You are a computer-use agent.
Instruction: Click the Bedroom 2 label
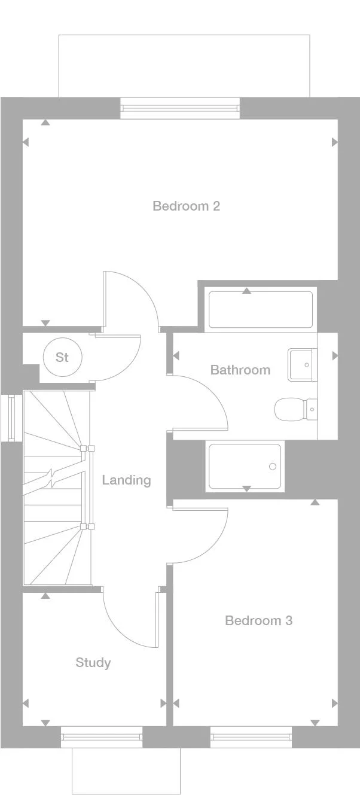[x=186, y=206]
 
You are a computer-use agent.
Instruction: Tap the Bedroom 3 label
[x=258, y=621]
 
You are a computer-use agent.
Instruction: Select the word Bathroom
[x=240, y=370]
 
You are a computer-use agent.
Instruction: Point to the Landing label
[x=126, y=480]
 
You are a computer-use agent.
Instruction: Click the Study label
[x=93, y=663]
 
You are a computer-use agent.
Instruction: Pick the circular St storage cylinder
[x=62, y=358]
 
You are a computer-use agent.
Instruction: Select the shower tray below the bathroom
[x=245, y=466]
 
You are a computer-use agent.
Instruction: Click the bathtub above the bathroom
[x=260, y=309]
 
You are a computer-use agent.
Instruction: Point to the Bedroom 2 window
[x=180, y=108]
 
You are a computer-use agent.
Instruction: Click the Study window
[x=102, y=737]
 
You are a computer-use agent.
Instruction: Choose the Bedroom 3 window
[x=251, y=737]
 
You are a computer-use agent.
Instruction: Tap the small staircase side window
[x=10, y=418]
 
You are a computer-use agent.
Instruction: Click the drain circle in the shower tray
[x=273, y=467]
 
